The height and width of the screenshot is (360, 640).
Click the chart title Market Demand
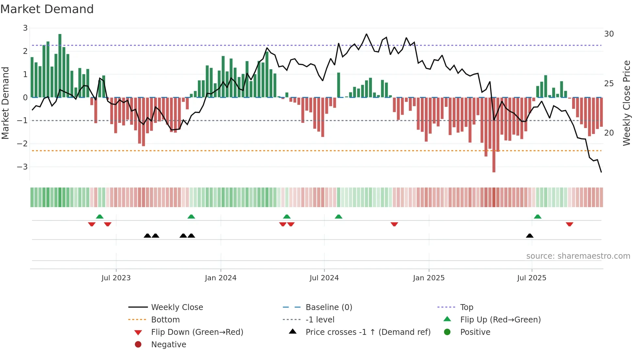click(x=47, y=9)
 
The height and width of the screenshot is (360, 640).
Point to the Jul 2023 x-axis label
click(x=116, y=278)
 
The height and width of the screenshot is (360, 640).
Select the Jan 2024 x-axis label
click(x=220, y=278)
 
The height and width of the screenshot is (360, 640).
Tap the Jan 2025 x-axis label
click(x=428, y=278)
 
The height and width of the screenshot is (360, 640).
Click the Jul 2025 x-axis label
click(x=532, y=278)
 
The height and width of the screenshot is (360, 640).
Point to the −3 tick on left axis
click(x=23, y=167)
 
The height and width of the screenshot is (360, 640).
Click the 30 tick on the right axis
click(x=609, y=34)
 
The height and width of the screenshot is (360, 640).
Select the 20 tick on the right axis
click(x=609, y=133)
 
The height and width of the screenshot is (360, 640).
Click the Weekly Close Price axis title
click(x=626, y=103)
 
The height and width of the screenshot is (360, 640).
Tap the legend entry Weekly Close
click(x=177, y=307)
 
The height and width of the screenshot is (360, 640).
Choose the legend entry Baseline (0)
click(x=328, y=307)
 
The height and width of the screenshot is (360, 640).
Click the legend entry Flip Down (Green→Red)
click(x=197, y=332)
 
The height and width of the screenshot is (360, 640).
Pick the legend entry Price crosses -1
click(x=368, y=332)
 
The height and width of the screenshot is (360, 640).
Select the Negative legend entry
click(x=168, y=345)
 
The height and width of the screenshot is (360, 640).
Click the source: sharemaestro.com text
click(x=578, y=256)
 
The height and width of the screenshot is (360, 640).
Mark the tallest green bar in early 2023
click(x=60, y=65)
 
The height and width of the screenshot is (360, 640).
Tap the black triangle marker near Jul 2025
click(x=530, y=236)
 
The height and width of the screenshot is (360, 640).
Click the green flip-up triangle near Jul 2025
click(x=537, y=217)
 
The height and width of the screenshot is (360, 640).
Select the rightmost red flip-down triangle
click(x=569, y=224)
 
